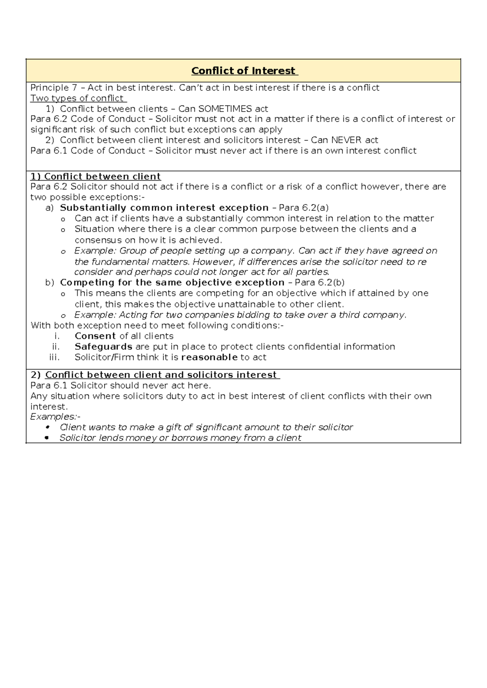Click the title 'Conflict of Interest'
(x=244, y=71)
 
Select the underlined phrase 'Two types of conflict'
(x=78, y=98)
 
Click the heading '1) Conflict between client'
(x=96, y=176)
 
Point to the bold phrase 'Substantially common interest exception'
(x=164, y=208)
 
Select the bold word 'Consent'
(x=95, y=336)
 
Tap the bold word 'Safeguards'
(x=103, y=346)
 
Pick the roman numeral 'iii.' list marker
(x=54, y=357)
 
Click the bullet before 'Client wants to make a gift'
(x=47, y=427)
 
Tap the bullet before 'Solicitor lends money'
(x=47, y=438)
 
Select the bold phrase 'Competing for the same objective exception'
(x=172, y=282)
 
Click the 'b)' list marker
(x=50, y=282)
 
